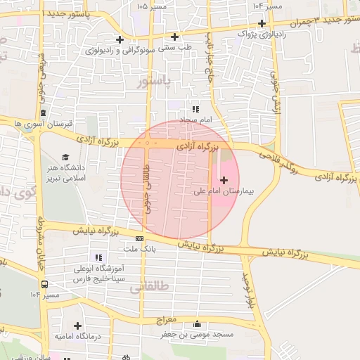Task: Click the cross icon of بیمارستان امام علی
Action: click(x=224, y=181)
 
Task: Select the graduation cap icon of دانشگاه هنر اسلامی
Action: click(x=66, y=157)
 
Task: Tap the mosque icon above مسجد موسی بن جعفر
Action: click(x=197, y=324)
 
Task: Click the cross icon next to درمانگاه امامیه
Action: click(x=77, y=326)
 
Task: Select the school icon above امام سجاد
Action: click(x=195, y=109)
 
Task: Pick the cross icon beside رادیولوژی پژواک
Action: click(x=261, y=22)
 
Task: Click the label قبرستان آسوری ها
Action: click(x=44, y=124)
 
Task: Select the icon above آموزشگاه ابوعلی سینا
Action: click(x=98, y=258)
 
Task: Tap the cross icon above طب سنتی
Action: click(x=174, y=37)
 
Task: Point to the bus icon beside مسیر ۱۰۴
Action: click(x=45, y=285)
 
